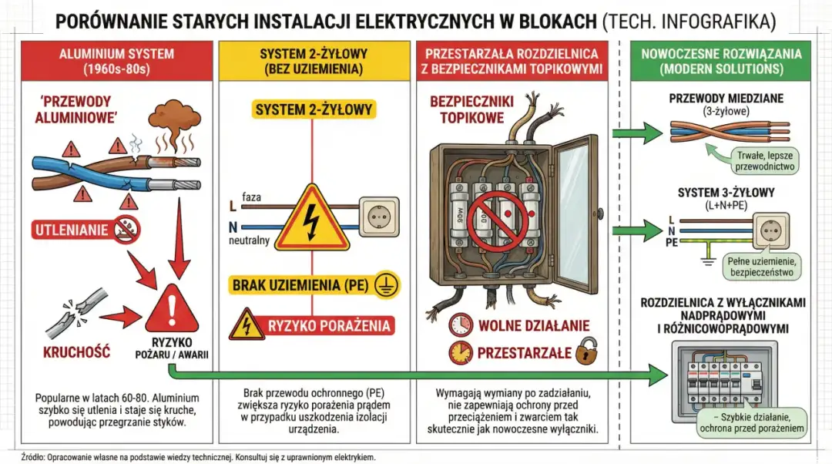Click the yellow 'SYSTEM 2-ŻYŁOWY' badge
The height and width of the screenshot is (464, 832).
tap(313, 109)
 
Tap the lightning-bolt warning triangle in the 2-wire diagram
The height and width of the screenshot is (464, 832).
tap(311, 219)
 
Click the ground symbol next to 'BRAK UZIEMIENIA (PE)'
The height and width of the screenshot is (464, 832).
tap(384, 285)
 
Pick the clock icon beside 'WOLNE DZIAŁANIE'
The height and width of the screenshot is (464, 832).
tap(461, 324)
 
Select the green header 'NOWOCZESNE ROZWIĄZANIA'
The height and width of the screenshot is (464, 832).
tap(720, 61)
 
